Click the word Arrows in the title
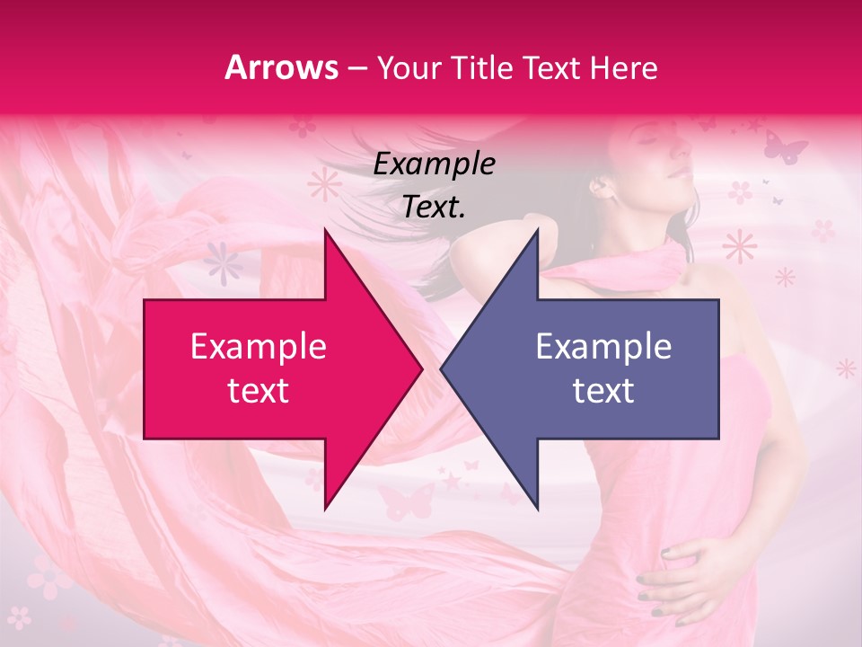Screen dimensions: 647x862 pos(282,67)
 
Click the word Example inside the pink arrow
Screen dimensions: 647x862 pos(259,346)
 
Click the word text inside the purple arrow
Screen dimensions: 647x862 pos(603,391)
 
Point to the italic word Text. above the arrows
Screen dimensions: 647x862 pos(434,208)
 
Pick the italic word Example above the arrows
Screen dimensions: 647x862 pos(434,164)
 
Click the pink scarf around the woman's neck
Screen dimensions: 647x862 pos(629,270)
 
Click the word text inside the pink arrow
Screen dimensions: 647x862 pos(259,391)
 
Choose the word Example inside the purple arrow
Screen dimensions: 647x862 pos(603,346)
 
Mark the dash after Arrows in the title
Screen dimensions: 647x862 pos(356,68)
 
